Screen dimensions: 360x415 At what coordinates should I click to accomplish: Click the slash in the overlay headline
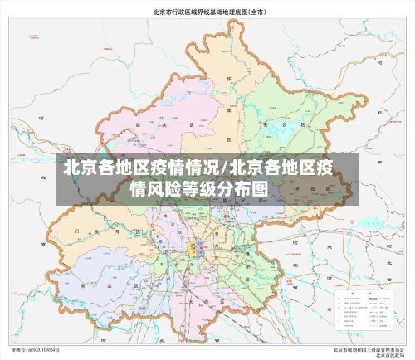tap(225, 168)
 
